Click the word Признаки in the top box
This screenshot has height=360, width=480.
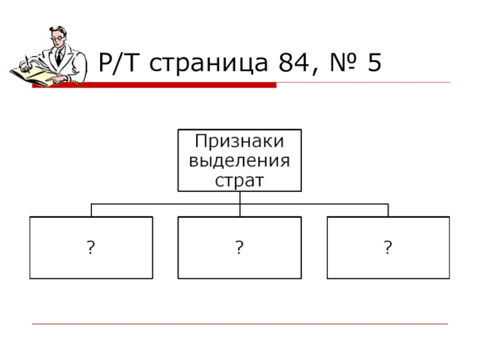click(239, 142)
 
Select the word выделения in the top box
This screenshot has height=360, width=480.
click(239, 161)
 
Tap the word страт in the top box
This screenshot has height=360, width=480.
click(239, 179)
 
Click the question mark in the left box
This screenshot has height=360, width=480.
click(91, 247)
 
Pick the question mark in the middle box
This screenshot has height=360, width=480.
click(239, 247)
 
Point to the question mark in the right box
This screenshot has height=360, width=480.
click(388, 247)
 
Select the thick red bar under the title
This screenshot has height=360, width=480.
click(180, 86)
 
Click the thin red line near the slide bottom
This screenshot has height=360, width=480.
click(240, 325)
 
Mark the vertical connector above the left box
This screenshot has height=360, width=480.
click(91, 210)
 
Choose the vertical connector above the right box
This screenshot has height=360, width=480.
click(388, 210)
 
